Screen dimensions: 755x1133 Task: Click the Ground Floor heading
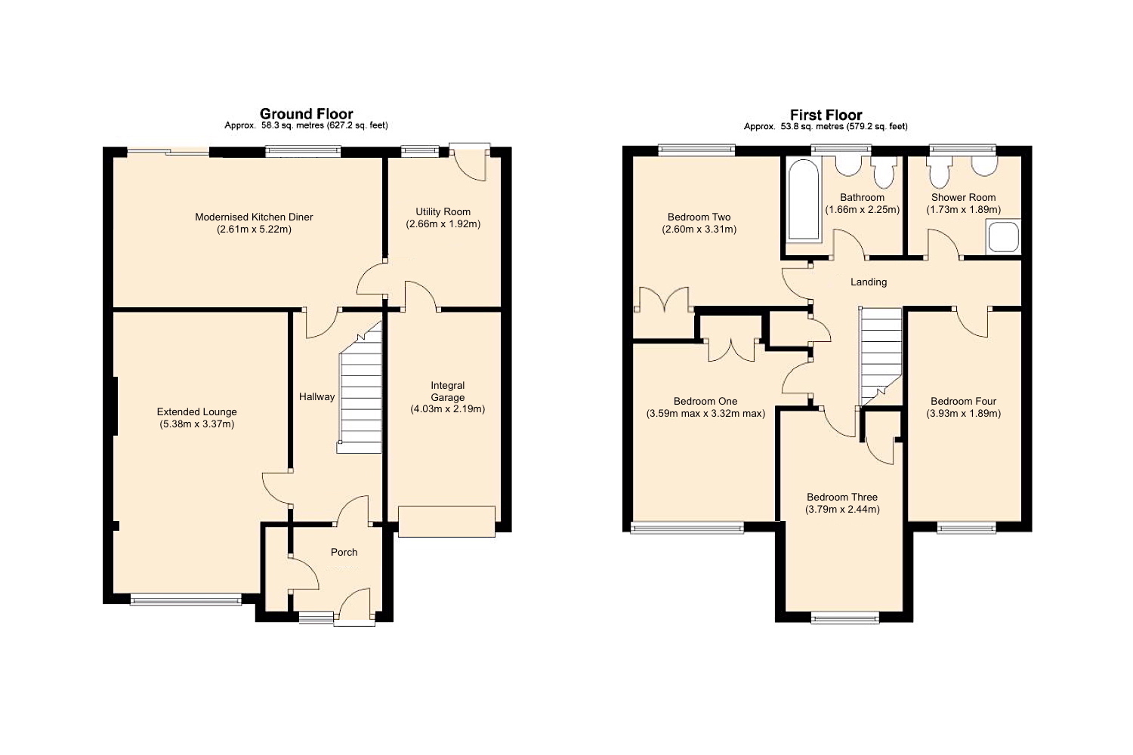tap(306, 114)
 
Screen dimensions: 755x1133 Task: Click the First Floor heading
tap(826, 115)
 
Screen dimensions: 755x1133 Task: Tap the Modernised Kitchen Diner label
tap(254, 217)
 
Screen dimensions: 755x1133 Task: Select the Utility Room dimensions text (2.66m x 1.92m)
tap(443, 224)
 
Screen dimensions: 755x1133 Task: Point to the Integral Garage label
tap(447, 391)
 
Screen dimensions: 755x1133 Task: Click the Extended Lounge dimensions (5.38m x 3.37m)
tap(196, 424)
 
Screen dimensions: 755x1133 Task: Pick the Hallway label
tap(316, 396)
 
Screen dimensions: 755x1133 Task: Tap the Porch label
tap(344, 552)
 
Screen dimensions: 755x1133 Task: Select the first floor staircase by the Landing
tap(881, 351)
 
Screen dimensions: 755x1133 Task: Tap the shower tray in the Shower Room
tap(1002, 236)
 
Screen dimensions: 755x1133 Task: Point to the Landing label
tap(869, 282)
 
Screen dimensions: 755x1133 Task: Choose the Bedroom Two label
tap(699, 217)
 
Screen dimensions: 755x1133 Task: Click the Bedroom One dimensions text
tap(705, 414)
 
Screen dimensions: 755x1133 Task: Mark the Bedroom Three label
tap(841, 497)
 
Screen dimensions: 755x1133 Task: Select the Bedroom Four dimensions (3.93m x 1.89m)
tap(963, 414)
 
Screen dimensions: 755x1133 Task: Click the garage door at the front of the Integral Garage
tap(446, 521)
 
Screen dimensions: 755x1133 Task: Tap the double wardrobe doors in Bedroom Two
tap(663, 300)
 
